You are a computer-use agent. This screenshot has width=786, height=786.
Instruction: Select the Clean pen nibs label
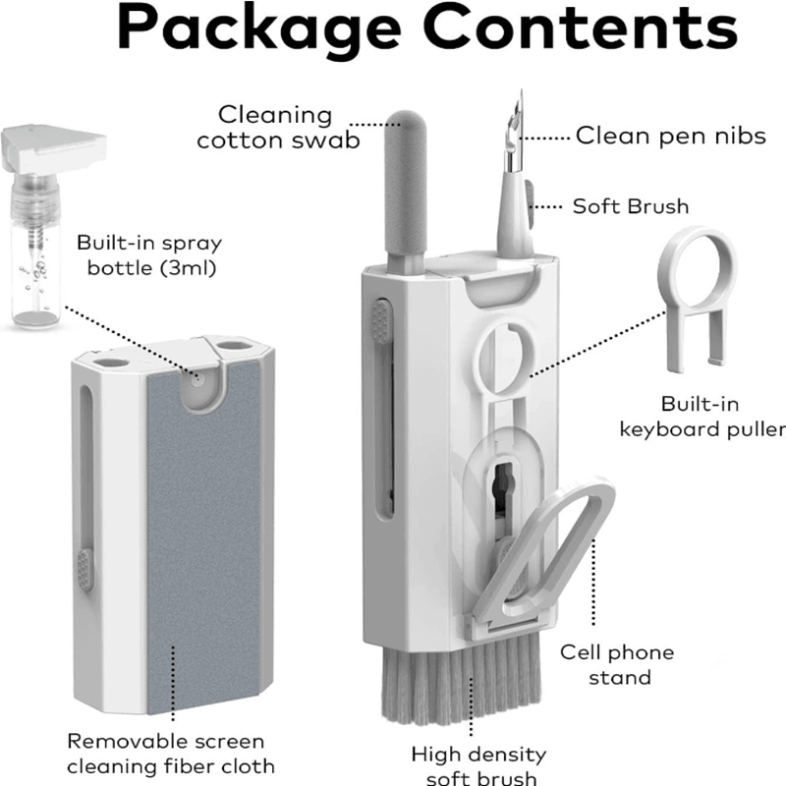pyautogui.click(x=670, y=136)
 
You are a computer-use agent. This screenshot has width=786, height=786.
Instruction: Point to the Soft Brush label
pyautogui.click(x=631, y=206)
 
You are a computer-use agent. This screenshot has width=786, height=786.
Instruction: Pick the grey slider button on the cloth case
pyautogui.click(x=84, y=569)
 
